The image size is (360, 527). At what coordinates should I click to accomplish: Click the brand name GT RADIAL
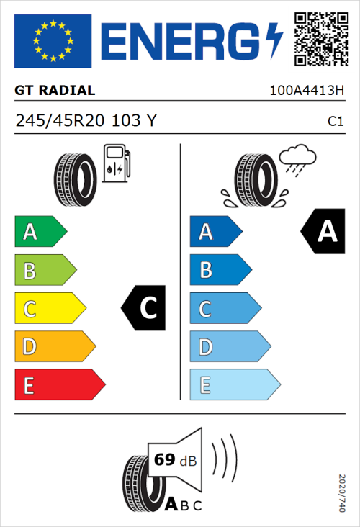[55, 91]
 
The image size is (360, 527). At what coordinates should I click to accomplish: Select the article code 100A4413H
[306, 91]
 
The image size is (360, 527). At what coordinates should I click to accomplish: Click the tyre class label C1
[336, 122]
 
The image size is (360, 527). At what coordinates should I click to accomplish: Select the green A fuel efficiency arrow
[40, 232]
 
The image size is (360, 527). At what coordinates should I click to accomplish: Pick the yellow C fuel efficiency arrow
[49, 309]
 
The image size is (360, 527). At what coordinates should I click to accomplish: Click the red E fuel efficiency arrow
[59, 385]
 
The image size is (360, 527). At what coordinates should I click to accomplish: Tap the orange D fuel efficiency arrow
[54, 347]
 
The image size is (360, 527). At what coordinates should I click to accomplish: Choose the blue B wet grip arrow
[219, 270]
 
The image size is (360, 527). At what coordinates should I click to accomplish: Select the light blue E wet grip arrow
[234, 385]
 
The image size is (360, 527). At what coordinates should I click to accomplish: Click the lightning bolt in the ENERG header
[274, 40]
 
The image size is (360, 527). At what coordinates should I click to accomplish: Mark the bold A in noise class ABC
[173, 505]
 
